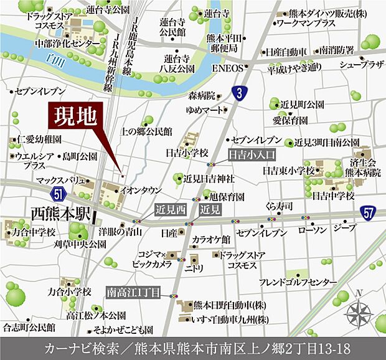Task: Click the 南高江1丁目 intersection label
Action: [x=134, y=291]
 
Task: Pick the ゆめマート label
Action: [x=204, y=109]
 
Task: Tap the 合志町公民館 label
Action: [x=29, y=326]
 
